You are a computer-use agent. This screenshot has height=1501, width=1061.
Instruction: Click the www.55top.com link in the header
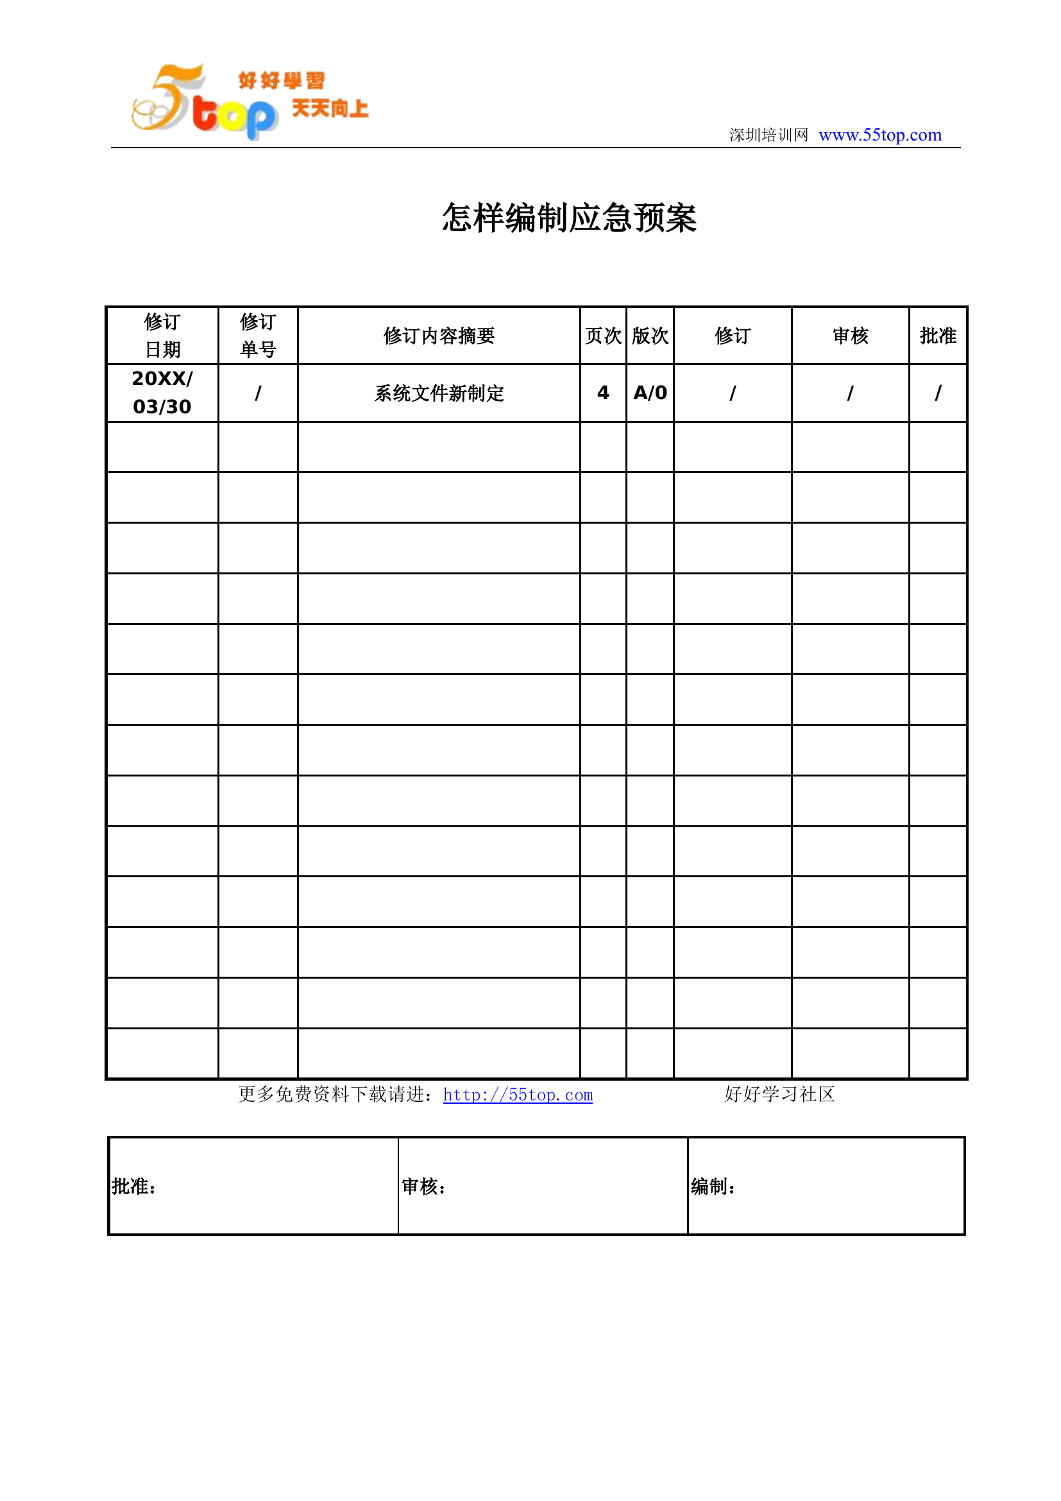879,135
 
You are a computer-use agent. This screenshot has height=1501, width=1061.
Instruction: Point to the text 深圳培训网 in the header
768,135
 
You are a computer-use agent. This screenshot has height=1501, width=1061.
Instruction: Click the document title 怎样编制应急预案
569,218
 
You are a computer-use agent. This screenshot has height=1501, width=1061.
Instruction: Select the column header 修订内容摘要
439,336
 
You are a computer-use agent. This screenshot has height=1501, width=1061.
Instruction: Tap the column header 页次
603,336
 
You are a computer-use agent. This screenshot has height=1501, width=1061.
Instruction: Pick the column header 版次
650,336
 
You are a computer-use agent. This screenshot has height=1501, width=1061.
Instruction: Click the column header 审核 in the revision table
850,336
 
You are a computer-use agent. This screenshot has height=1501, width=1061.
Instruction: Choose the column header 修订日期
162,336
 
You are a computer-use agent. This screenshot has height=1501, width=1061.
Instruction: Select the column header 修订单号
258,336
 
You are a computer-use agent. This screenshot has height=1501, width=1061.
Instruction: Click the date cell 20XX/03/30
162,393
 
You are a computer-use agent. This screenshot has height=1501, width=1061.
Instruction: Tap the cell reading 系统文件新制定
439,393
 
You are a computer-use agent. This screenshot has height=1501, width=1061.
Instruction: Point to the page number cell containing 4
603,393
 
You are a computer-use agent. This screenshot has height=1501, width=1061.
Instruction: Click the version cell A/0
650,393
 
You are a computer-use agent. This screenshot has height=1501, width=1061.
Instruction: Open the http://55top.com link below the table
518,1095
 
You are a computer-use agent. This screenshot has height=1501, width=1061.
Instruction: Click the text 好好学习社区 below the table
779,1094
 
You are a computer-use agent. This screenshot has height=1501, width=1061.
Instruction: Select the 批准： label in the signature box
134,1187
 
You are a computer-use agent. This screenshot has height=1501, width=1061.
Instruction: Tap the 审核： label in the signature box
424,1187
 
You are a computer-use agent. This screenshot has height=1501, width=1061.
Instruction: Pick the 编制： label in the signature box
713,1187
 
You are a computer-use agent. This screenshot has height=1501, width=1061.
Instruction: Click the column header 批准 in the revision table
938,336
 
